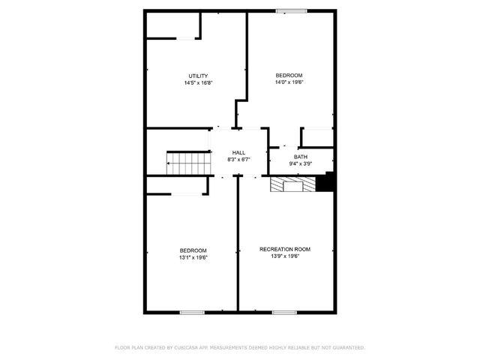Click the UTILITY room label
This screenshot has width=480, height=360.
coord(198,76)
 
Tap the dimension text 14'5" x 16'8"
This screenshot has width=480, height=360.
coord(198,83)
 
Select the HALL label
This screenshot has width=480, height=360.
coord(238,152)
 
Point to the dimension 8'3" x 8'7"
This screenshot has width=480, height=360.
coord(238,160)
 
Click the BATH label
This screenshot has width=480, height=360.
coord(300,156)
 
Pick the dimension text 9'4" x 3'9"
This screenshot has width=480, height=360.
coord(300,163)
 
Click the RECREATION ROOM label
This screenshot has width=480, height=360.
coord(285,249)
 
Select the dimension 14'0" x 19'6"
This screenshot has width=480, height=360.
coord(289,83)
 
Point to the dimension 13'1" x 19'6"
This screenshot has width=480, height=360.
coord(193,257)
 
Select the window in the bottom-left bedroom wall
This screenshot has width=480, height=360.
coord(192,311)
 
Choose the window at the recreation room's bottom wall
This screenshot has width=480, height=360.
coord(283,311)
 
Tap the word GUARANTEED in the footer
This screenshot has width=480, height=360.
coord(346,347)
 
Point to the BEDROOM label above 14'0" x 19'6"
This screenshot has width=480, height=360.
coord(289,76)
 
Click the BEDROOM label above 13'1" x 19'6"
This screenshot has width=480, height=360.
coord(193,250)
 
